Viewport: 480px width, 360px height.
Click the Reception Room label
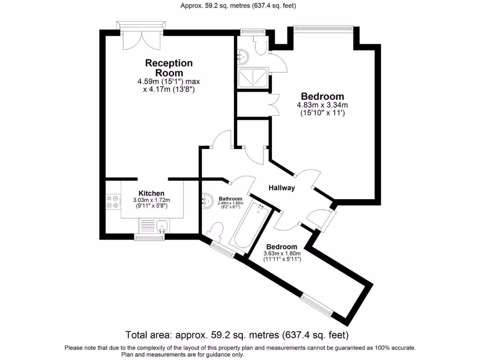[169, 68]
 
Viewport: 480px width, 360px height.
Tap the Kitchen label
[151, 193]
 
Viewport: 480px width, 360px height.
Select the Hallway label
[281, 188]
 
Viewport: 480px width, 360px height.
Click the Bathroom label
[230, 199]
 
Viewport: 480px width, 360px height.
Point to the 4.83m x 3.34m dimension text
[322, 105]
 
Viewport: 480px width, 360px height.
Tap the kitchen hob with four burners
[112, 201]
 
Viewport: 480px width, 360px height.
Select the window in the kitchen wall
[150, 237]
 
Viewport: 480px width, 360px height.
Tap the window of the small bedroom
[317, 305]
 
